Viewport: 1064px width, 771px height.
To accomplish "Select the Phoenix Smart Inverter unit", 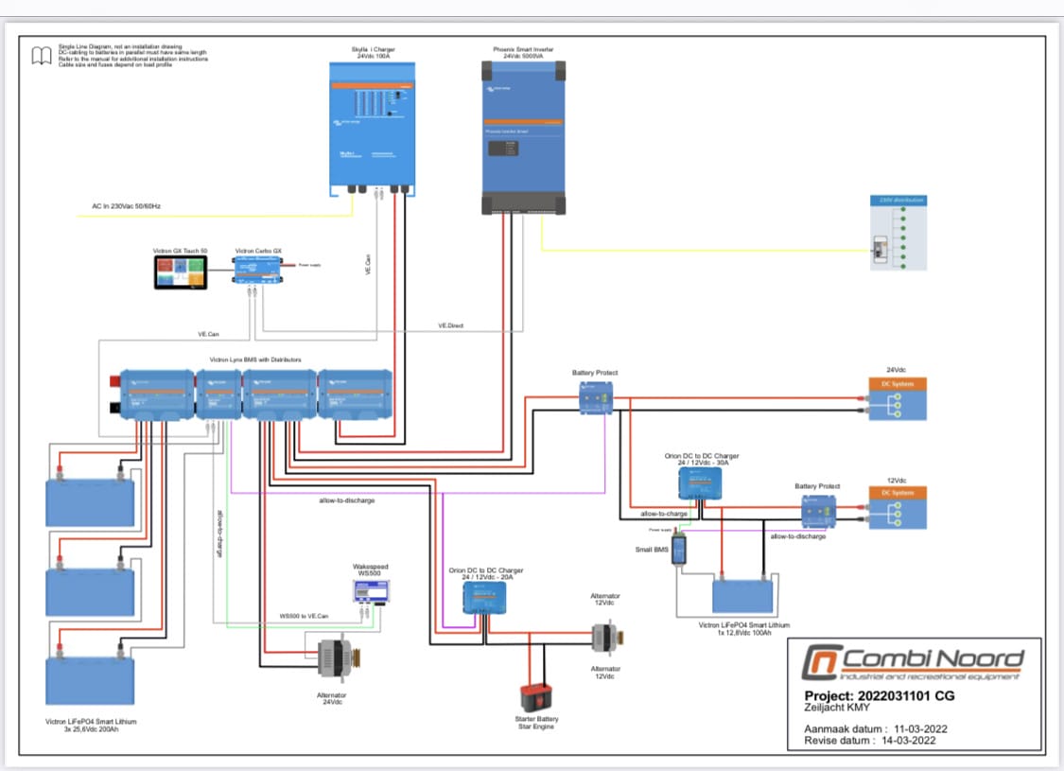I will click(x=523, y=136).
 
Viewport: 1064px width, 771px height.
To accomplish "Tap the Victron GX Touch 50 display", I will click(x=180, y=272).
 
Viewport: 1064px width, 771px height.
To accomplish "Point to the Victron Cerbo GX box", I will click(x=258, y=271).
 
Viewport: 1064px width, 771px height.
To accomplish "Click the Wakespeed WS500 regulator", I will click(x=371, y=591).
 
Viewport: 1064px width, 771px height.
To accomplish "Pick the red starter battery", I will click(x=535, y=698).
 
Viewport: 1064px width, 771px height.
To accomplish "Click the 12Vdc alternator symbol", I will click(x=603, y=636).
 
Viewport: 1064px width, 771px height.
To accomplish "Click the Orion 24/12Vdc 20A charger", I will click(x=484, y=597).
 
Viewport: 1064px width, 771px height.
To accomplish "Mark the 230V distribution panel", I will click(x=898, y=233).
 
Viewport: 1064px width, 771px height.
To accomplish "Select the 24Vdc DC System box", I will click(x=898, y=399).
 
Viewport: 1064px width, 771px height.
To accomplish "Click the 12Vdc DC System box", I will click(x=898, y=508).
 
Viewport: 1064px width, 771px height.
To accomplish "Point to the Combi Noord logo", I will click(x=913, y=661).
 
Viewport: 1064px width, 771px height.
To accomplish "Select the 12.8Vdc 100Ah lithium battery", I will click(x=742, y=597).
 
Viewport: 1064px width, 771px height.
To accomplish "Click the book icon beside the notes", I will click(x=42, y=56).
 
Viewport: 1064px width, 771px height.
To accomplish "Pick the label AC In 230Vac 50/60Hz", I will click(x=126, y=205).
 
